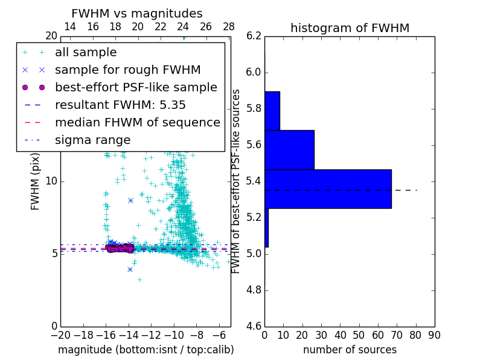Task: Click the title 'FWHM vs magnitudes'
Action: point(137,13)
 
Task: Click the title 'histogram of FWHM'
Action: point(350,28)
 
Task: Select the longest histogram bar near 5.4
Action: point(328,189)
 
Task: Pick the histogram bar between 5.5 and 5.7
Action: point(289,149)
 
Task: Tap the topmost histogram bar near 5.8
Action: point(272,111)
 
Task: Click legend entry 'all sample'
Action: point(86,53)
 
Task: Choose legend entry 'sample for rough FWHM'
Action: point(127,70)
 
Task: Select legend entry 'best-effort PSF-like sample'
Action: point(136,87)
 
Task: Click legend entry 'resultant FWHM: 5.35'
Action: point(120,105)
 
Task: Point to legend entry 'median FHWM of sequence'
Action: point(137,122)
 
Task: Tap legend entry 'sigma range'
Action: point(92,140)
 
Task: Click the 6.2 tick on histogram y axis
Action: point(254,36)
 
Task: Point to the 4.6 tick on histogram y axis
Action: point(254,326)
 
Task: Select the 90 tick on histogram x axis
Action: point(433,335)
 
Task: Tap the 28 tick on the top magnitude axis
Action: point(229,27)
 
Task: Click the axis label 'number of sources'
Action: point(350,350)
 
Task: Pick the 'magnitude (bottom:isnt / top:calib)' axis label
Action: point(146,350)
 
